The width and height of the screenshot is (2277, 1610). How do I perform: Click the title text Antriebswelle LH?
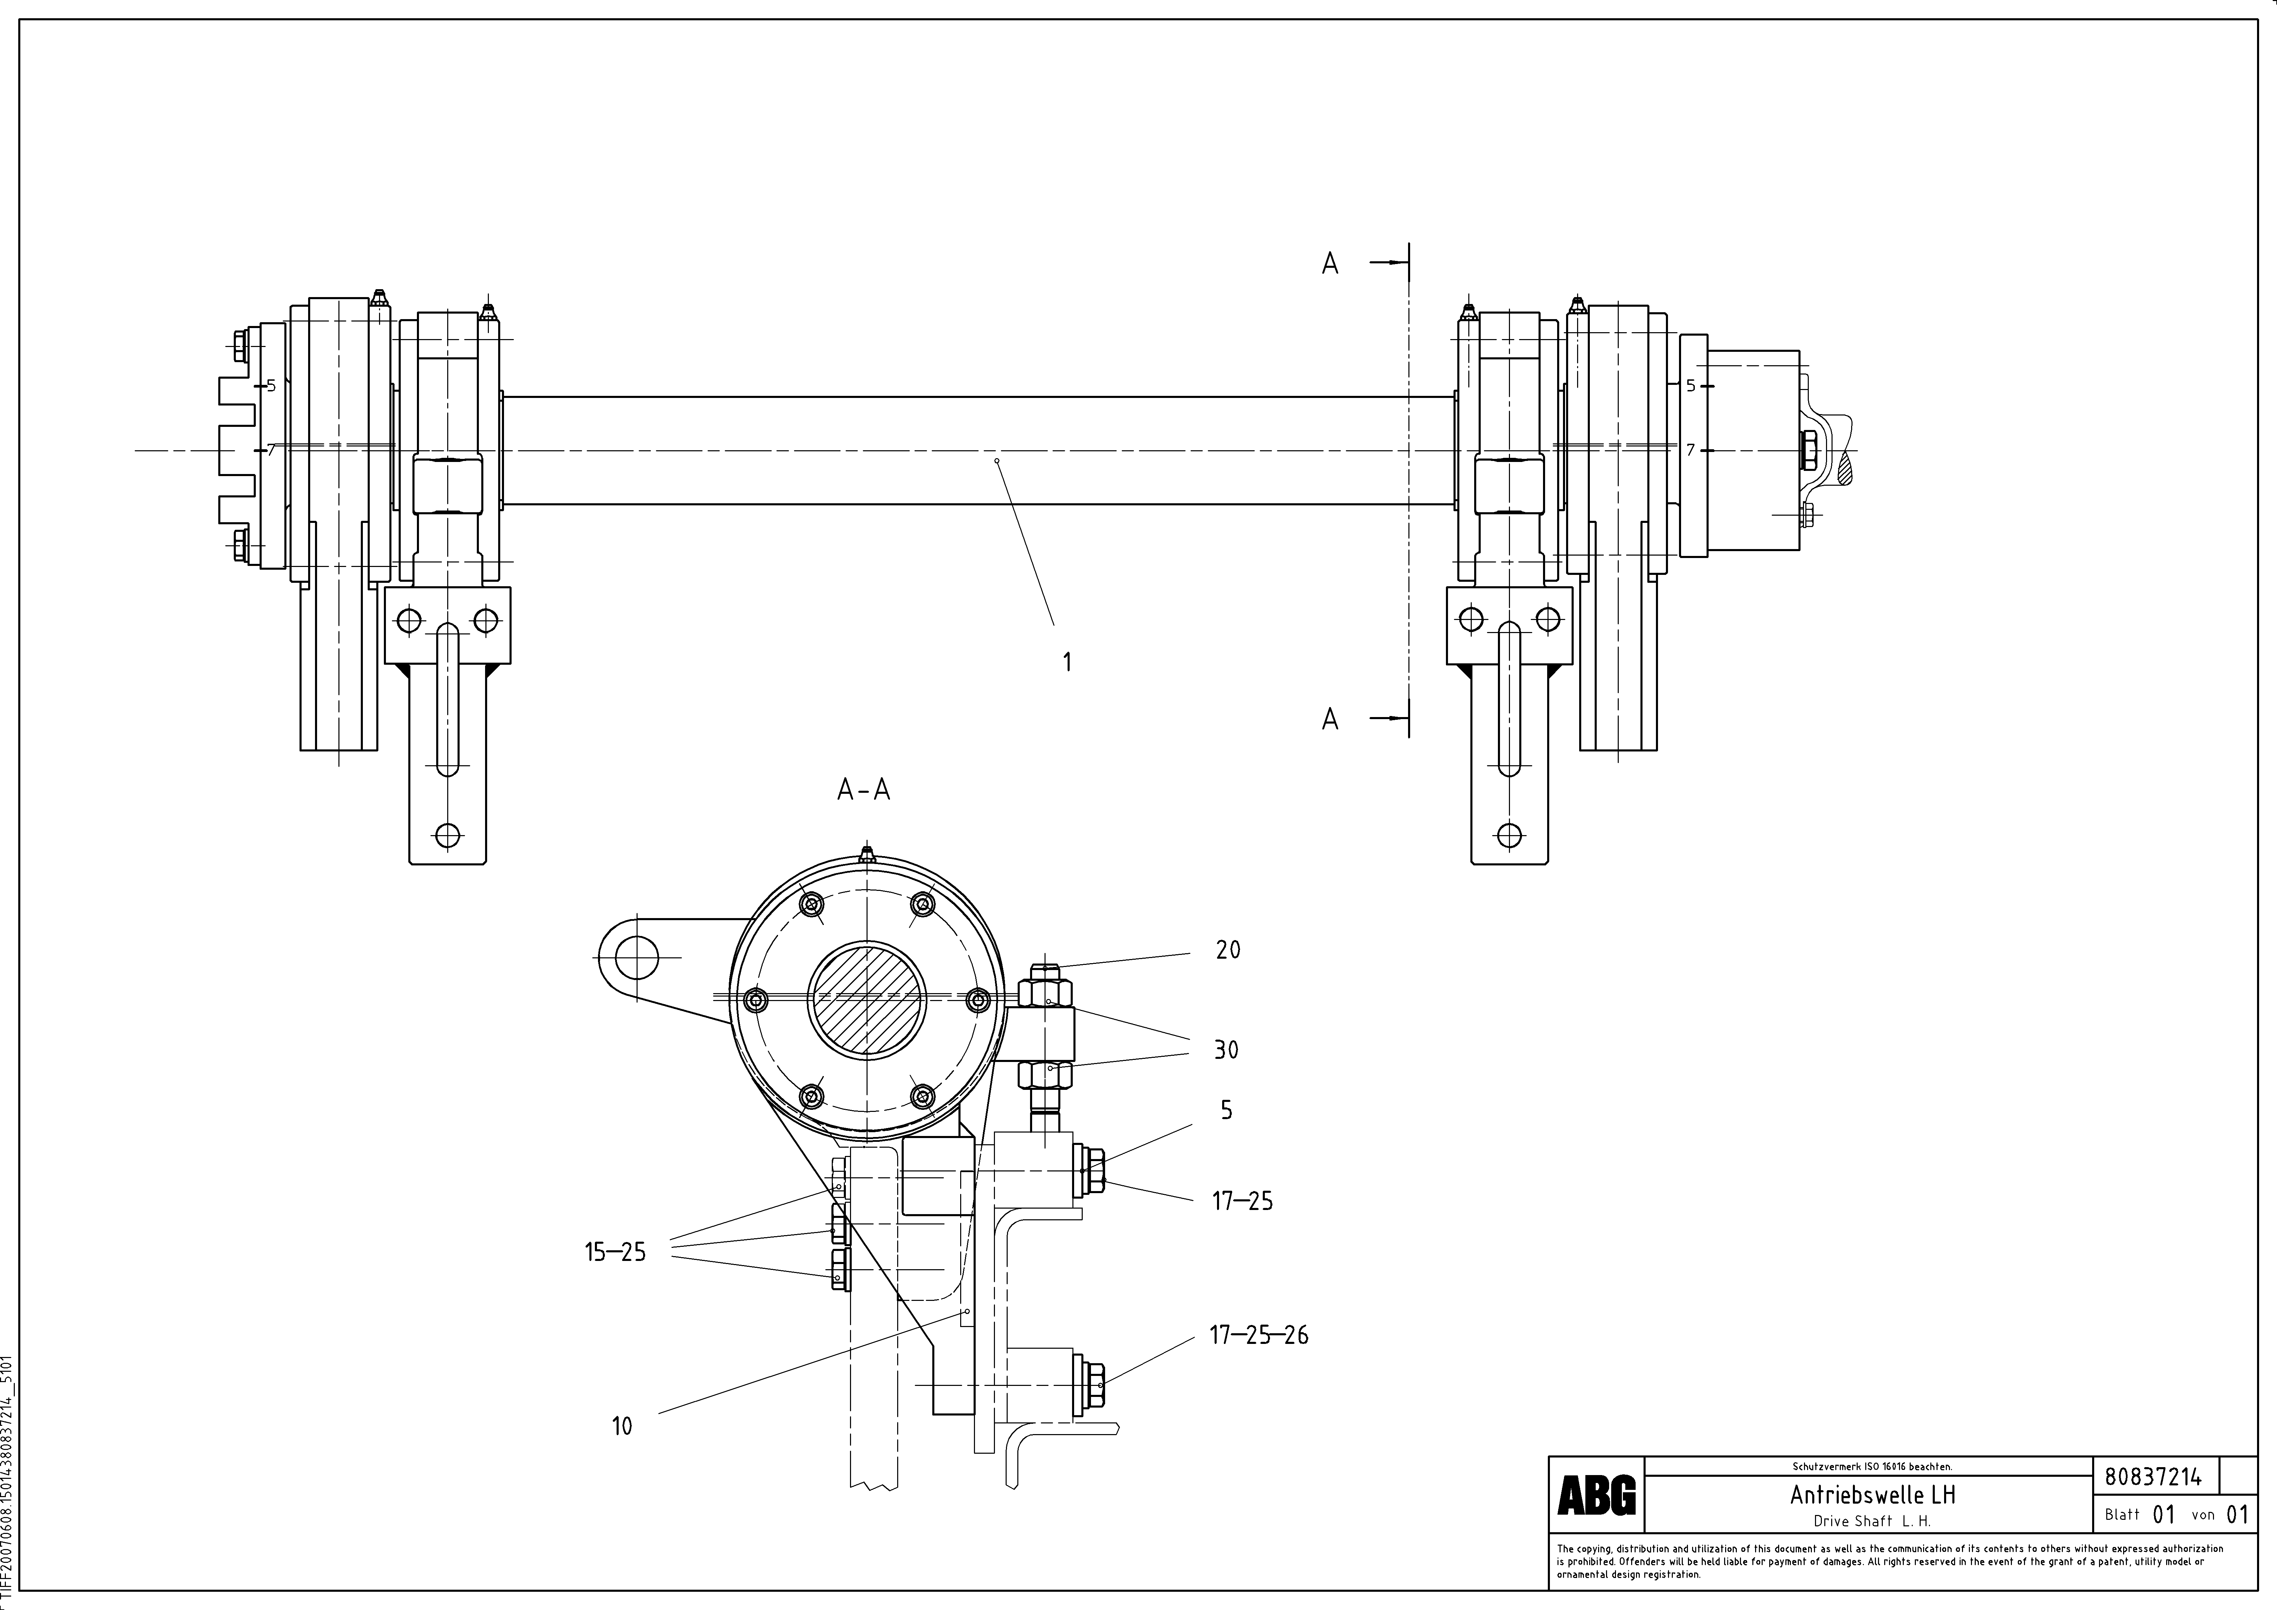pyautogui.click(x=1872, y=1494)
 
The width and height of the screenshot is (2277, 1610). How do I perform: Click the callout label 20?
pyautogui.click(x=1228, y=950)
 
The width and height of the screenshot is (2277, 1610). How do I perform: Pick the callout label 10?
pyautogui.click(x=622, y=1425)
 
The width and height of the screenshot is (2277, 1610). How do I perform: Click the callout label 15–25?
pyautogui.click(x=615, y=1252)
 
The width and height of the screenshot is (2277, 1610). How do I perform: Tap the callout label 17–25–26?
pyautogui.click(x=1259, y=1335)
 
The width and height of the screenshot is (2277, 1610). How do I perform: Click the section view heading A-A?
pyautogui.click(x=864, y=790)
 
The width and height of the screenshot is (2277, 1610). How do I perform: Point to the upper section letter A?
pyautogui.click(x=1330, y=264)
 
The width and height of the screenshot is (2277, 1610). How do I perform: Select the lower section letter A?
pyautogui.click(x=1330, y=719)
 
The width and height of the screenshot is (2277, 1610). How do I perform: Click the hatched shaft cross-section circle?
pyautogui.click(x=868, y=1000)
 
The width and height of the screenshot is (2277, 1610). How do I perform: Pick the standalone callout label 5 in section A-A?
pyautogui.click(x=1227, y=1111)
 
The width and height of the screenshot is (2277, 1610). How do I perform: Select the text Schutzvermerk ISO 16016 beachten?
pyautogui.click(x=1871, y=1466)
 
